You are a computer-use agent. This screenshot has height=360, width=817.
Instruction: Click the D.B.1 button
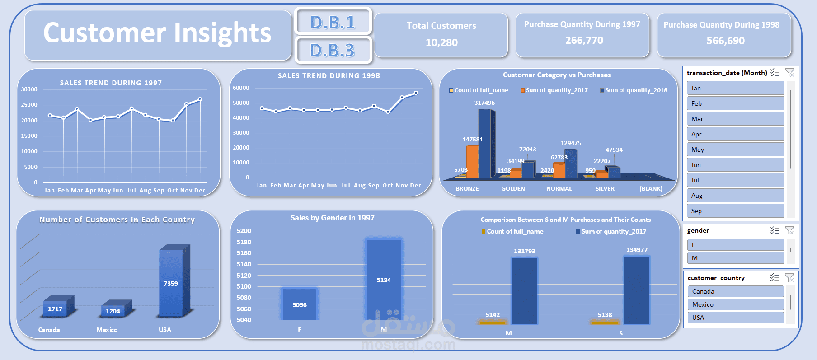pyautogui.click(x=333, y=21)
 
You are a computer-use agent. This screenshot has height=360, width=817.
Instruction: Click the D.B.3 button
pyautogui.click(x=333, y=50)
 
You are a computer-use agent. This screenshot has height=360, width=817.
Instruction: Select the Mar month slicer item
pyautogui.click(x=735, y=119)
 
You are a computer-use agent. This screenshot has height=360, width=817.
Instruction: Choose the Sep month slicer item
pyautogui.click(x=735, y=211)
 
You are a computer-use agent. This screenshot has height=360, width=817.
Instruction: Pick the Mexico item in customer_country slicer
pyautogui.click(x=735, y=304)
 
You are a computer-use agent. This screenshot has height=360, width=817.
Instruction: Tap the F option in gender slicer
pyautogui.click(x=735, y=245)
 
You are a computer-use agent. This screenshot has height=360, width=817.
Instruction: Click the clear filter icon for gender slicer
pyautogui.click(x=789, y=230)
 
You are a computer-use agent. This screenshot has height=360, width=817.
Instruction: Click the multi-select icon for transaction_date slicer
pyautogui.click(x=775, y=72)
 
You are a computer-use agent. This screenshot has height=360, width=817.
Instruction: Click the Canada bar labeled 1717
pyautogui.click(x=56, y=309)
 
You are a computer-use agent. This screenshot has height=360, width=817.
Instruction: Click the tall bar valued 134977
pyautogui.click(x=637, y=289)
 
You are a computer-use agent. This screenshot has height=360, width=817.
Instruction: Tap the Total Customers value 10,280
pyautogui.click(x=441, y=42)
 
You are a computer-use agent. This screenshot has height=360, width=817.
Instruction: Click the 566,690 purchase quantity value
pyautogui.click(x=725, y=41)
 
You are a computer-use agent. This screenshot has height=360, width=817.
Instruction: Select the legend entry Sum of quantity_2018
pyautogui.click(x=634, y=90)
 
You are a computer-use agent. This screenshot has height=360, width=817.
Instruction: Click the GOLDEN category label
pyautogui.click(x=513, y=189)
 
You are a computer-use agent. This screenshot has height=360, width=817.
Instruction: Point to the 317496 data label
pyautogui.click(x=484, y=103)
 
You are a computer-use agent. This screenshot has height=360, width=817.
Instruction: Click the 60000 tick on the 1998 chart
pyautogui.click(x=241, y=88)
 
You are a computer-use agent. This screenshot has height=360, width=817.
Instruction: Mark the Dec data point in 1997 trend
pyautogui.click(x=200, y=99)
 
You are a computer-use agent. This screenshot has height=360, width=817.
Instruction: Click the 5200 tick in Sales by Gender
pyautogui.click(x=244, y=231)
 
